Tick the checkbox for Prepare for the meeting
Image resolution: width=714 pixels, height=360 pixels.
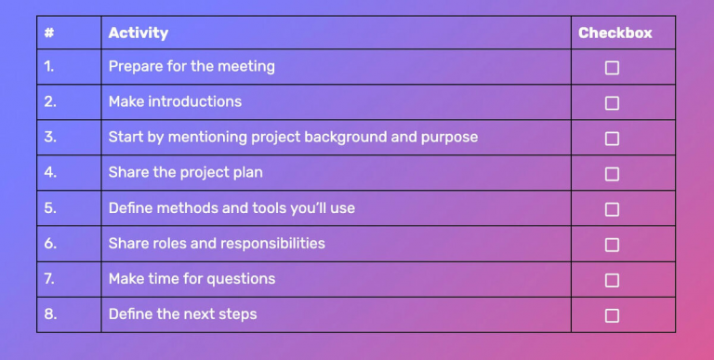click(x=612, y=68)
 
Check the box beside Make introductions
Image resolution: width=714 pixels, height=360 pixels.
click(x=612, y=103)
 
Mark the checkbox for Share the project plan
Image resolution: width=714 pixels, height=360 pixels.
click(x=612, y=174)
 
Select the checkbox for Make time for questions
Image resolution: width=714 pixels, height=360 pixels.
click(x=612, y=280)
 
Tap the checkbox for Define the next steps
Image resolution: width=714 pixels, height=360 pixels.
click(x=612, y=315)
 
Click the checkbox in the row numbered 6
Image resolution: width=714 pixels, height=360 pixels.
click(x=612, y=245)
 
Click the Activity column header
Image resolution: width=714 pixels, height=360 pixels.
click(x=139, y=33)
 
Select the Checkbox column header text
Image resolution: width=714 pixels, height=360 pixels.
click(x=615, y=33)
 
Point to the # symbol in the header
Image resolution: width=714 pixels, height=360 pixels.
click(x=49, y=33)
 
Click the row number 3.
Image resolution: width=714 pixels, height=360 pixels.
click(x=50, y=137)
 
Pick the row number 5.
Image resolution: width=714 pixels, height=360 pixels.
click(x=50, y=208)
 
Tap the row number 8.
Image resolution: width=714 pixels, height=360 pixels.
click(x=50, y=314)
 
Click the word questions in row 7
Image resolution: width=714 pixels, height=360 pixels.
click(x=241, y=279)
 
